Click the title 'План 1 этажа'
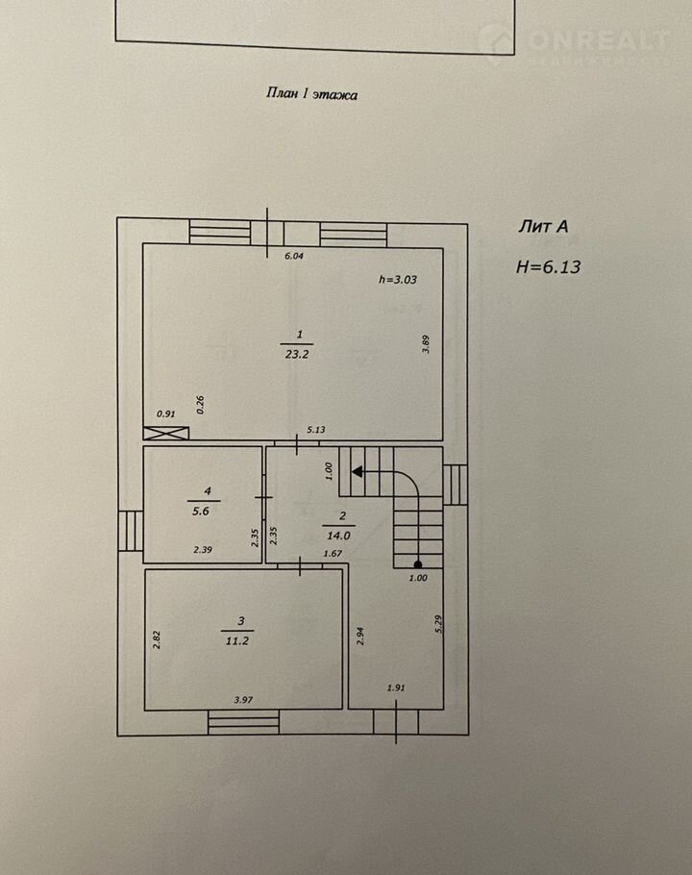(x=311, y=94)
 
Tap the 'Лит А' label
(x=543, y=226)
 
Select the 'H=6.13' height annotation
(x=548, y=266)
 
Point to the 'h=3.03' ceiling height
(x=398, y=279)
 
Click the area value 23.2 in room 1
(x=297, y=354)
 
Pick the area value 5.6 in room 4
(x=200, y=511)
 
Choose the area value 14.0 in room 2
(x=338, y=536)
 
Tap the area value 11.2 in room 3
(x=237, y=640)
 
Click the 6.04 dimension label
(x=294, y=256)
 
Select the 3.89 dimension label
(x=426, y=344)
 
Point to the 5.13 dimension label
(x=316, y=430)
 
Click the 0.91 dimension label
(x=165, y=414)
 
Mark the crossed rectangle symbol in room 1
(x=166, y=433)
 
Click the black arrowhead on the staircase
(x=358, y=471)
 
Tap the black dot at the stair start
(x=418, y=564)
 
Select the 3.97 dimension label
(x=244, y=700)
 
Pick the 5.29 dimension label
(x=438, y=624)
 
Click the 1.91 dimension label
(x=396, y=687)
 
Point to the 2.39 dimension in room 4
(x=203, y=550)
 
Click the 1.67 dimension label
(x=333, y=554)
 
